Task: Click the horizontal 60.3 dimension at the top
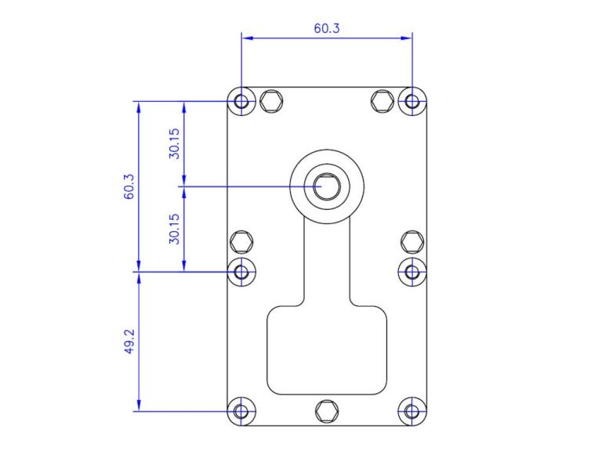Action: pyautogui.click(x=327, y=28)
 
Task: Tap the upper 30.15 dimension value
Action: pyautogui.click(x=176, y=143)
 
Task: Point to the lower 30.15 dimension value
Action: pyautogui.click(x=176, y=229)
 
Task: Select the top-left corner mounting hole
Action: pyautogui.click(x=242, y=101)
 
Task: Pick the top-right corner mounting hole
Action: pyautogui.click(x=411, y=101)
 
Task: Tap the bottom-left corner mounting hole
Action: pyautogui.click(x=242, y=410)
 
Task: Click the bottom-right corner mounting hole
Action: pyautogui.click(x=411, y=410)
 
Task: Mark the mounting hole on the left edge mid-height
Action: pyautogui.click(x=242, y=272)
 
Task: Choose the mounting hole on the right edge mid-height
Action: pyautogui.click(x=411, y=272)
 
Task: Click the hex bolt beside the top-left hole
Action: pyautogui.click(x=271, y=100)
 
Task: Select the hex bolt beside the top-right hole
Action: pyautogui.click(x=382, y=100)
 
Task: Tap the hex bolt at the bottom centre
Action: pyautogui.click(x=327, y=410)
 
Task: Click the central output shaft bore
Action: pyautogui.click(x=327, y=186)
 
